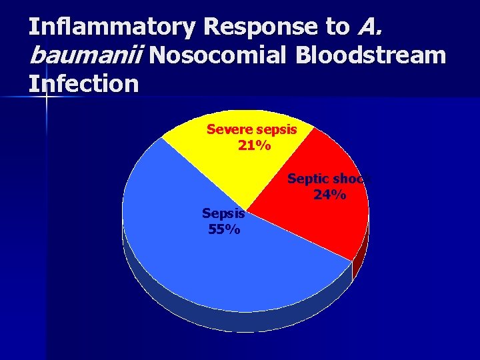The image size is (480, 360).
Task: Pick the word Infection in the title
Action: pos(83,84)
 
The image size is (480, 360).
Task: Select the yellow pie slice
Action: pos(220,167)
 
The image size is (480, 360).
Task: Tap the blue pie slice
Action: pos(227,267)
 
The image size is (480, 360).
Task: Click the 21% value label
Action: pos(254,145)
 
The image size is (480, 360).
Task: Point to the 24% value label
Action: pos(329,195)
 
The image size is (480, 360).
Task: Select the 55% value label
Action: pos(225,229)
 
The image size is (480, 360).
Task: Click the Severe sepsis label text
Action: pos(251,129)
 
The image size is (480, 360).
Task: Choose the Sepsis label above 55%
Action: pos(224,214)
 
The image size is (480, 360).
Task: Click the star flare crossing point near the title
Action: pos(47,97)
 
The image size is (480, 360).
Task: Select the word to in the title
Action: pos(337,27)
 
